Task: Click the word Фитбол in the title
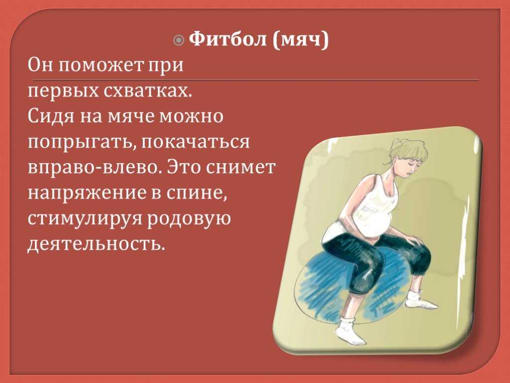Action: coord(228,39)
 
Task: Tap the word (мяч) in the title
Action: coord(300,40)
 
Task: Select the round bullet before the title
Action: coord(179,40)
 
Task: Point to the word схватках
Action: coord(147,91)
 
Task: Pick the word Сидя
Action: coord(51,116)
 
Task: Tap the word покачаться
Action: coord(195,142)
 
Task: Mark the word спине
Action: coord(196,193)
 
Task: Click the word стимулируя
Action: coord(85,219)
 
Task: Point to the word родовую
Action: coord(189,219)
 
